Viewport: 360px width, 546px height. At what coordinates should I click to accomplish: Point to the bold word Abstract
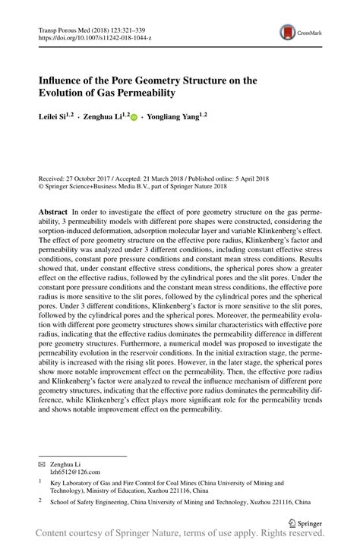(52, 208)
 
